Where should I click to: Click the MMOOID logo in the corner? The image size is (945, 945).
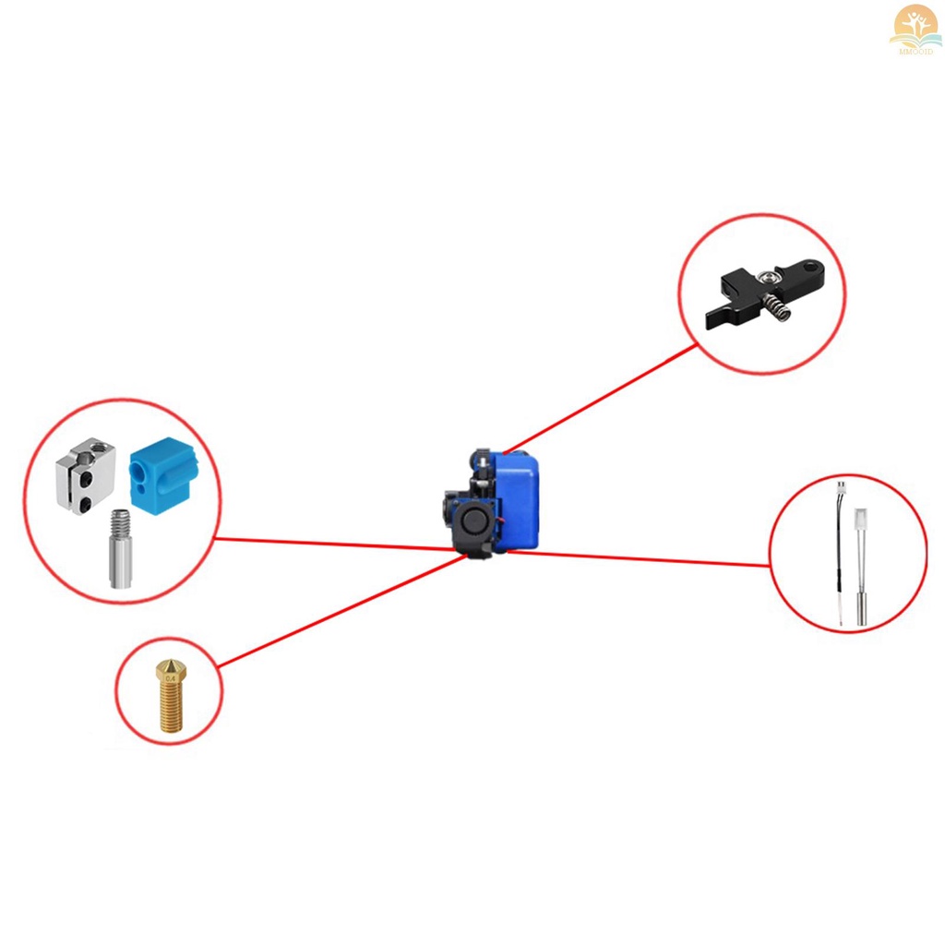click(x=915, y=28)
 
